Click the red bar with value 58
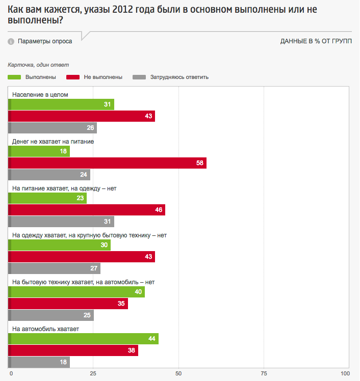[x=108, y=163]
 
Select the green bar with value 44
[x=84, y=339]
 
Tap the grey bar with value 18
[x=39, y=362]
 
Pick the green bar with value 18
[x=39, y=151]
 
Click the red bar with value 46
[x=87, y=210]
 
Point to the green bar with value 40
[x=77, y=292]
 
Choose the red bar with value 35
[x=68, y=304]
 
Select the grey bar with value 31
[x=62, y=222]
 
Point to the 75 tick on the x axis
[x=264, y=374]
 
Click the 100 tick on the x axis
[x=345, y=374]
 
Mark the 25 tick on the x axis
[x=93, y=374]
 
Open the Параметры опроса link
[x=45, y=41]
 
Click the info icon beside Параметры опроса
[x=11, y=42]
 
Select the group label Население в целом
[x=40, y=95]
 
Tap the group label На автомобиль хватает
[x=45, y=329]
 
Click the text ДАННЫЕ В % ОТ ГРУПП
[x=316, y=41]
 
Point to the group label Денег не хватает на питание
[x=53, y=142]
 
